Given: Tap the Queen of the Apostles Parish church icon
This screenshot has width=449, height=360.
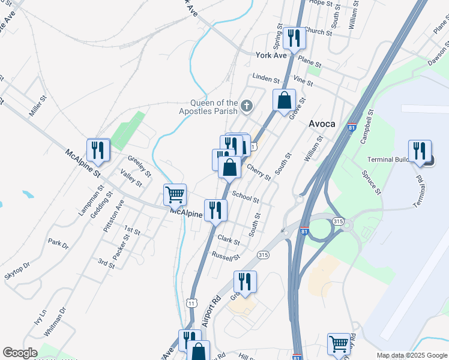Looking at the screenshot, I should pos(246,107).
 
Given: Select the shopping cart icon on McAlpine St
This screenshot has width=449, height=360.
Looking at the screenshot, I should pos(174,194).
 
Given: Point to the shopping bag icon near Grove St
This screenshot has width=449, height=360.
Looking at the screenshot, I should pos(284,100).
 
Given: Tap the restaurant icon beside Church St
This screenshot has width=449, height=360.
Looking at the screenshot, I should pos(294,38).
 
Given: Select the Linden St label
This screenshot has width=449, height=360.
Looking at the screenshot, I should pos(266,79).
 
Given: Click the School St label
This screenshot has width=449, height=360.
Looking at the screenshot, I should pos(246,196).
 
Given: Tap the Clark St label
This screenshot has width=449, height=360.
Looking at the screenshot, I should pos(229,240).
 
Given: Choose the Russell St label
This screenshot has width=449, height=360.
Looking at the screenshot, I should pos(226,256).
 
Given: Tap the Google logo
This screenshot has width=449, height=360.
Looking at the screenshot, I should pos(19,353).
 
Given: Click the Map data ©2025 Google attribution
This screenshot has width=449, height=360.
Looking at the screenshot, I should pos(411,355).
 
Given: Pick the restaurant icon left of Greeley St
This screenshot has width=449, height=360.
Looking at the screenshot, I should pos(97,149).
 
